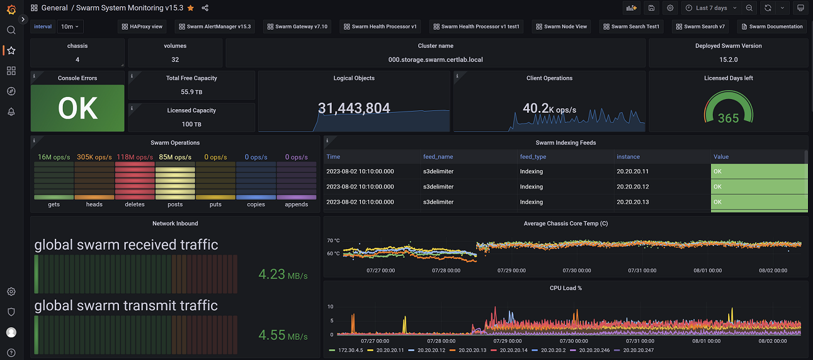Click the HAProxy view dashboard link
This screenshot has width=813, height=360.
coord(142,27)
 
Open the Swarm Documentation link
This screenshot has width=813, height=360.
coord(772,27)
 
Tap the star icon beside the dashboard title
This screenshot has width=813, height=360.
coord(191,8)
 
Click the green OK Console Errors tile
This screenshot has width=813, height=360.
coord(78,108)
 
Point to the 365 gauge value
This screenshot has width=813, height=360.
coord(728,118)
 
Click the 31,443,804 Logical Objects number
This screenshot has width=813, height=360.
coord(354,108)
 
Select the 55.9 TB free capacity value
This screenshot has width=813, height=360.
coord(191,92)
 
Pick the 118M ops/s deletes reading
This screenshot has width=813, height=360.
coord(135,157)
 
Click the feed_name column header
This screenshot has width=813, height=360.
coord(438,157)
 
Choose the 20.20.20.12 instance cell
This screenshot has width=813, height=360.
coord(632,187)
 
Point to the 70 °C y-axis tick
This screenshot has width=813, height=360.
coord(333,241)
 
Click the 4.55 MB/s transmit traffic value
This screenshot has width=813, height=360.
coord(283,335)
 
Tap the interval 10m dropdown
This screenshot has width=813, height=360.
coord(70,27)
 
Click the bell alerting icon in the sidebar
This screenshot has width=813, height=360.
coord(11,112)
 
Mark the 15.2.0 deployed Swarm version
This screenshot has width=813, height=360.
coord(728,59)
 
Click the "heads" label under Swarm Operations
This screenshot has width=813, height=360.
coord(94,204)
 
